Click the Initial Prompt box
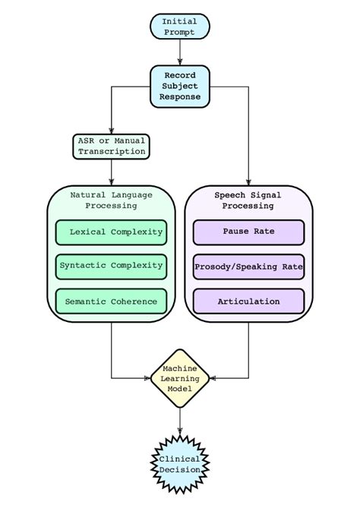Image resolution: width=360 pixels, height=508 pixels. coord(180,27)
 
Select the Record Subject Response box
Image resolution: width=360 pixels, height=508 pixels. coord(180,86)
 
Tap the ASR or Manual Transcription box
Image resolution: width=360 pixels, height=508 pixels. coord(111,146)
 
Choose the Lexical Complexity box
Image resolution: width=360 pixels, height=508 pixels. coord(111,232)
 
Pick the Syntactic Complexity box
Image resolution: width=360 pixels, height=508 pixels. coord(111,266)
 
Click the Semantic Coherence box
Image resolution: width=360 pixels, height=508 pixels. coord(111,301)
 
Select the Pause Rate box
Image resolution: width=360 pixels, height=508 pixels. coord(248,232)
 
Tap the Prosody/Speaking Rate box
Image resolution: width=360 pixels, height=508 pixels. coord(248,267)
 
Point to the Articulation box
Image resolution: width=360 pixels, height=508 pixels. coord(248,301)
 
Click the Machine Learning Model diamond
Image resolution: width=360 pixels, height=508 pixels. coord(180,378)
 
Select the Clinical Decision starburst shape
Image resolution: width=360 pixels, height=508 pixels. coord(180,464)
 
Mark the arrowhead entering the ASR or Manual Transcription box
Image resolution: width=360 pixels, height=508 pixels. coord(111,131)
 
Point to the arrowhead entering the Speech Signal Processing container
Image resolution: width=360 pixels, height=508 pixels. coord(248,181)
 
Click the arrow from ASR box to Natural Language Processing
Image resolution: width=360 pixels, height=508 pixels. coord(111,172)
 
